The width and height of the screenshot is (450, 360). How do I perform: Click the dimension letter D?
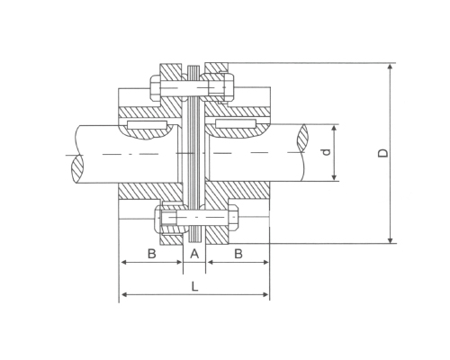382,153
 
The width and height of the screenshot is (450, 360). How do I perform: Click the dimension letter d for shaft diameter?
327,152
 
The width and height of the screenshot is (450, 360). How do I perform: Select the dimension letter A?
194,254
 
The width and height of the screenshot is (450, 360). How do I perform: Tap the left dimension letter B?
152,254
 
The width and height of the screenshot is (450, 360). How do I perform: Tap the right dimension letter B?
238,254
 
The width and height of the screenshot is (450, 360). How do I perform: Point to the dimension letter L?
195,287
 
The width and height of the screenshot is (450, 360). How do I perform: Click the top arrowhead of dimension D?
390,67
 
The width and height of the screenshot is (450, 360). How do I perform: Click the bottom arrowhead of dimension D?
390,240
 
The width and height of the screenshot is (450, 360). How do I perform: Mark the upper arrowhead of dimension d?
335,129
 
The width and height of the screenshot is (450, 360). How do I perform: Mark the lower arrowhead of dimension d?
335,177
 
